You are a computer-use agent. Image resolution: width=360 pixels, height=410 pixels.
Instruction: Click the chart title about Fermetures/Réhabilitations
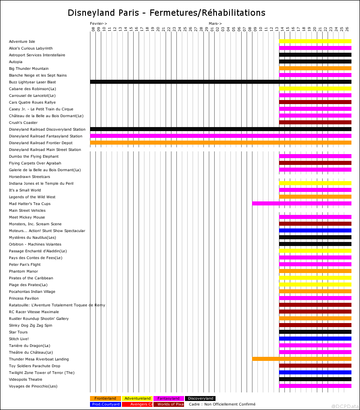(166, 13)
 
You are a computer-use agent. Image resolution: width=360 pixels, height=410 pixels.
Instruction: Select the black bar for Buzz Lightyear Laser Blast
(221, 82)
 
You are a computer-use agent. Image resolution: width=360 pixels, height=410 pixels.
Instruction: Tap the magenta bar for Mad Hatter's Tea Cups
(302, 204)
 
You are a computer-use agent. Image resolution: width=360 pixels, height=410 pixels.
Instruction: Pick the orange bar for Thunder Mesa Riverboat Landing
(302, 359)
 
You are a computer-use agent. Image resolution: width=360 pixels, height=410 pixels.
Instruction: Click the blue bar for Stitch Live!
(315, 339)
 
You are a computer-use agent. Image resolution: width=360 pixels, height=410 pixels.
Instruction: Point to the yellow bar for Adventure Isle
(315, 41)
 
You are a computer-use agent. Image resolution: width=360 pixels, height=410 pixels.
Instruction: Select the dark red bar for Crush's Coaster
(315, 123)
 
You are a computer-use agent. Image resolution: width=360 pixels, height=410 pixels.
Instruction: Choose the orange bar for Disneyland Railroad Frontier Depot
(221, 143)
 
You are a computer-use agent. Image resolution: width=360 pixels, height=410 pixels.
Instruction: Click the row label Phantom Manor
(23, 271)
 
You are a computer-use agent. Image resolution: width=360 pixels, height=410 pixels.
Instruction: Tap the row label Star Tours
(18, 332)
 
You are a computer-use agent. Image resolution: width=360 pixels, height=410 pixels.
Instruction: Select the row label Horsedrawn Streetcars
(30, 177)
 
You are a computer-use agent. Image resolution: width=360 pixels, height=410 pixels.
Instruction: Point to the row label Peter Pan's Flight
(25, 264)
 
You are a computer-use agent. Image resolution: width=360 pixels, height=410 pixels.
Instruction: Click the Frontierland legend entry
(105, 398)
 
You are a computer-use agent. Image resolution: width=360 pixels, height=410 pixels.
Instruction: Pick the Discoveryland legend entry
(200, 398)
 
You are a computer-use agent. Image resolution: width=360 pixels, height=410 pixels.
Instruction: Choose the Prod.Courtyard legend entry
(106, 404)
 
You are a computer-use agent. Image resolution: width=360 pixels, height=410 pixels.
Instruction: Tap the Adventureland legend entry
(137, 398)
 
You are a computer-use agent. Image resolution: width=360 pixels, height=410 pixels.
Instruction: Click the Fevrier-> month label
(99, 23)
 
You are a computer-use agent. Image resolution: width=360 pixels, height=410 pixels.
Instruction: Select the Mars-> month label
(215, 23)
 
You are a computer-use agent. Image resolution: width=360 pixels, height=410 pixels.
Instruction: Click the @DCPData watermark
(345, 406)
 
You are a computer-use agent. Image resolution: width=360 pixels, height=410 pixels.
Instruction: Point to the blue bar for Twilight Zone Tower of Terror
(315, 372)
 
